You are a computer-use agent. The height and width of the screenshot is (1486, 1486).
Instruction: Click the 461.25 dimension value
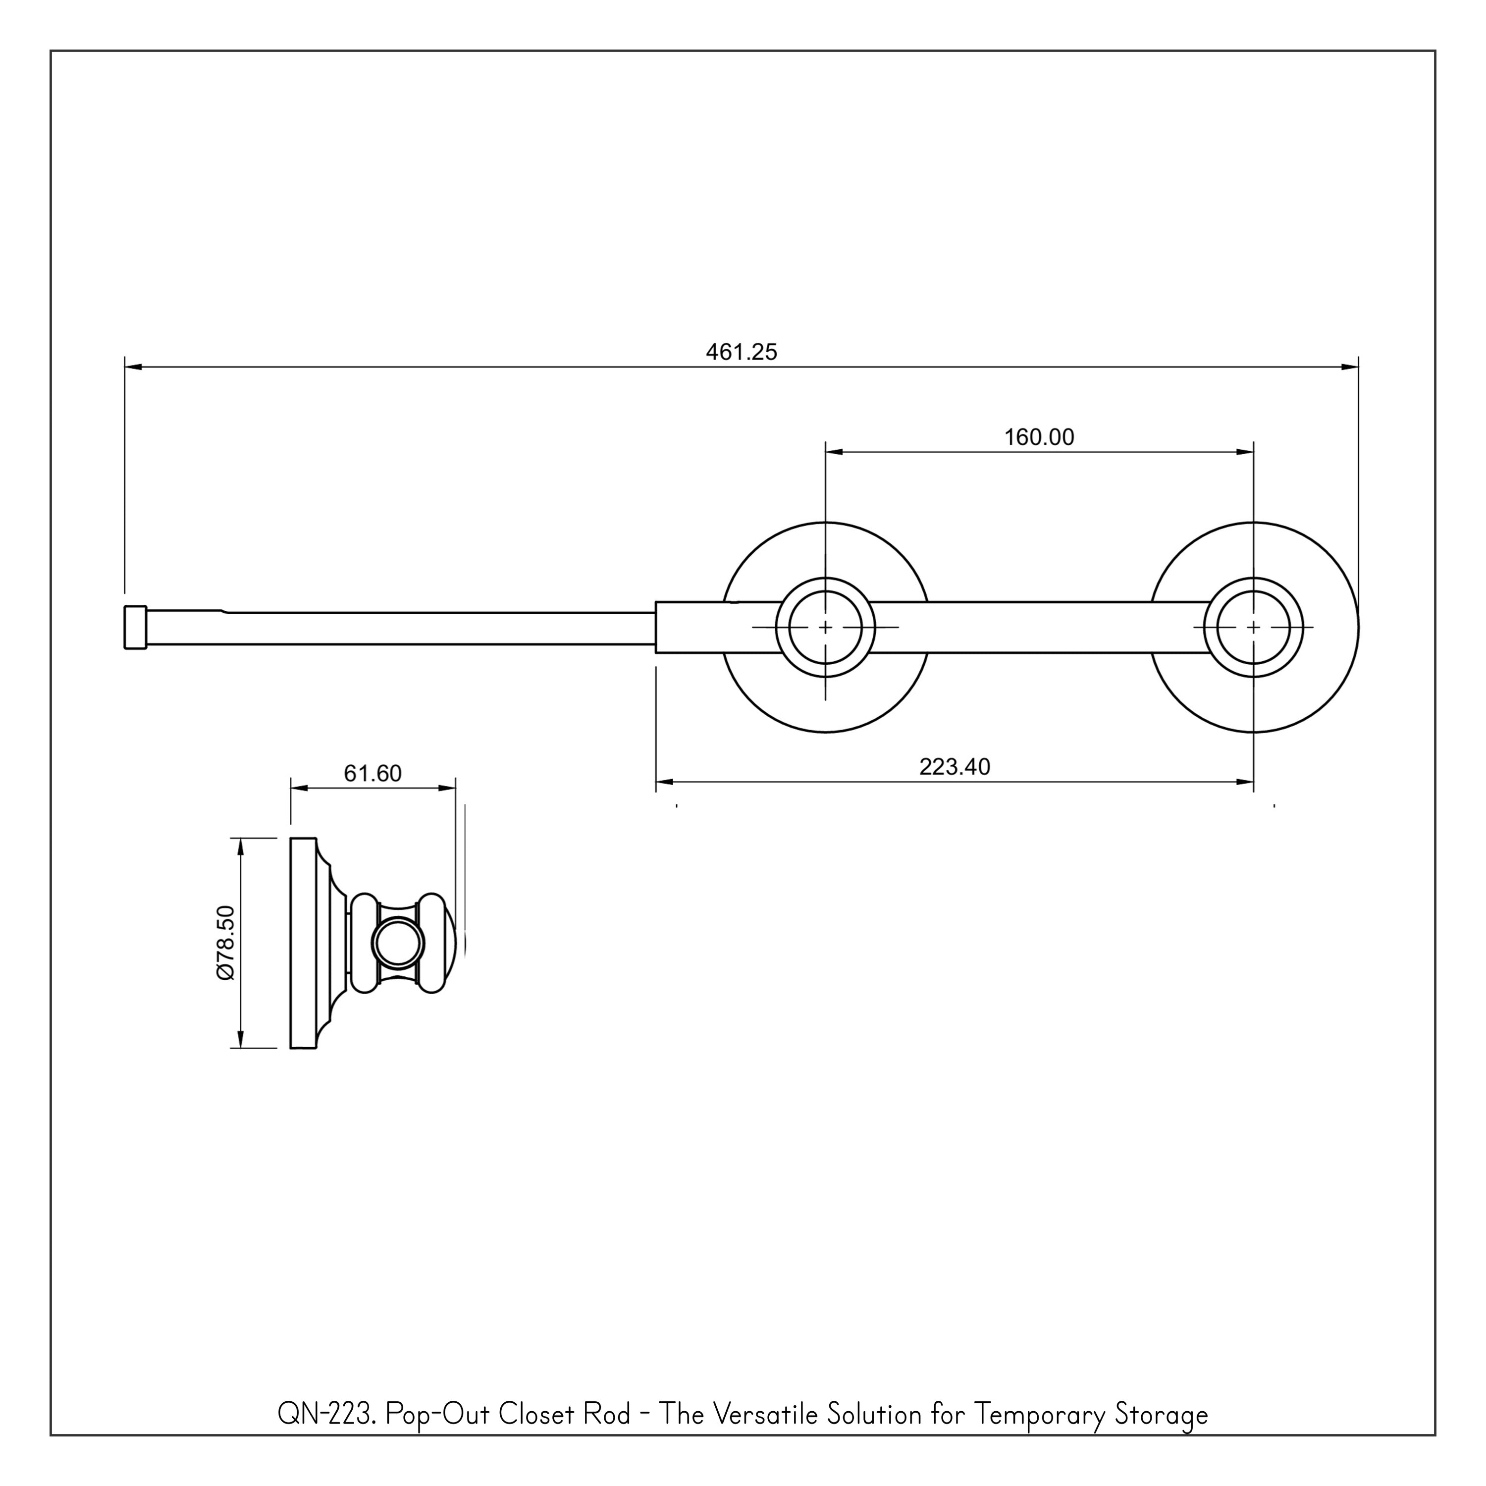click(x=742, y=352)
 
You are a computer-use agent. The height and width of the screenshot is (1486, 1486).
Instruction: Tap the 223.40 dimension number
click(x=955, y=767)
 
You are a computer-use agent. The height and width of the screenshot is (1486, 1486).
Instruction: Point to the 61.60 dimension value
click(x=372, y=773)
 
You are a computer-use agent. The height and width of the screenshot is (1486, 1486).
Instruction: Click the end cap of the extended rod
click(x=135, y=628)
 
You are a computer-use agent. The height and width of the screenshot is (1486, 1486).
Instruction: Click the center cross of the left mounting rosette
click(x=825, y=628)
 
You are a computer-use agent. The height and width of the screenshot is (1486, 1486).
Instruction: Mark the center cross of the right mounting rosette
click(x=1253, y=628)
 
